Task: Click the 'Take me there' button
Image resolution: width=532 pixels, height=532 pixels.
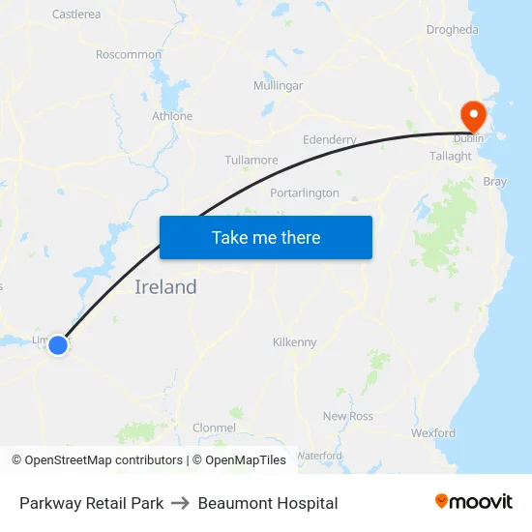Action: pyautogui.click(x=266, y=237)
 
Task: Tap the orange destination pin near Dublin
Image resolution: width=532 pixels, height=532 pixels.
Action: pyautogui.click(x=474, y=116)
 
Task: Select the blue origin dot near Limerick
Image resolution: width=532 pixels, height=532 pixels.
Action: pyautogui.click(x=58, y=344)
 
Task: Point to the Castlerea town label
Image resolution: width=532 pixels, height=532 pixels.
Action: pyautogui.click(x=76, y=15)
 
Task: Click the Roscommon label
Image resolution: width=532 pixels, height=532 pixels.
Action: pyautogui.click(x=129, y=55)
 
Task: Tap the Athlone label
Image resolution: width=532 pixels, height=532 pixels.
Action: pyautogui.click(x=172, y=116)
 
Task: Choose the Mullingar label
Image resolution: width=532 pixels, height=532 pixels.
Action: pyautogui.click(x=278, y=86)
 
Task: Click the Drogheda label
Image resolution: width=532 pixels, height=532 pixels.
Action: pyautogui.click(x=452, y=30)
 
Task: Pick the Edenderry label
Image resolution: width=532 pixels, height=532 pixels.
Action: pyautogui.click(x=330, y=140)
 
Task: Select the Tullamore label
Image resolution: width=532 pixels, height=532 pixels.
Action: pyautogui.click(x=251, y=161)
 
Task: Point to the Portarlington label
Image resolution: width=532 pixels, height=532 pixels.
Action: pyautogui.click(x=305, y=193)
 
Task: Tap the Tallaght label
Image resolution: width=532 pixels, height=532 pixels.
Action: pyautogui.click(x=451, y=156)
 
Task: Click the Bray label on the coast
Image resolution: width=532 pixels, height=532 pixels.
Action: pyautogui.click(x=494, y=182)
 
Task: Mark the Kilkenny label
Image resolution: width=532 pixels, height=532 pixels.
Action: pyautogui.click(x=295, y=342)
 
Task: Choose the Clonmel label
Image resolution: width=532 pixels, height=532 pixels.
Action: pyautogui.click(x=214, y=428)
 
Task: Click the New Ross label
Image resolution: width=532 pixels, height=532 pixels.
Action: pyautogui.click(x=348, y=416)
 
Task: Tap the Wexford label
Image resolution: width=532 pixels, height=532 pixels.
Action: pyautogui.click(x=432, y=433)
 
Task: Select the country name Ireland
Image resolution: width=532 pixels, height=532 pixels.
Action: pyautogui.click(x=165, y=287)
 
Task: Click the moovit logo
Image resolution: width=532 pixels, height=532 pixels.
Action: pyautogui.click(x=474, y=502)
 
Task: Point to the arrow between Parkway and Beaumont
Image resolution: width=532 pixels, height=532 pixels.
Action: pyautogui.click(x=181, y=503)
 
